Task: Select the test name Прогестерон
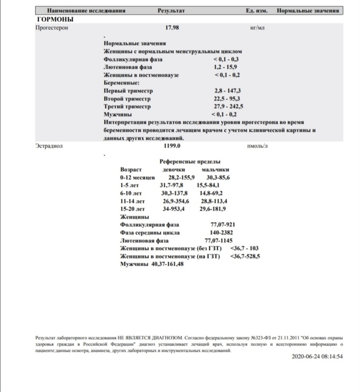click(51, 28)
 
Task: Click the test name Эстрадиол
click(49, 146)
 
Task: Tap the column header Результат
click(171, 10)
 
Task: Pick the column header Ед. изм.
click(257, 10)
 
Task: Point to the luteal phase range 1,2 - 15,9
click(227, 67)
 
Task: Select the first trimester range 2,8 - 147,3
click(227, 91)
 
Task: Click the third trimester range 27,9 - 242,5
click(229, 107)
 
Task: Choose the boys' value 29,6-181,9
click(213, 209)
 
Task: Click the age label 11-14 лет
click(133, 201)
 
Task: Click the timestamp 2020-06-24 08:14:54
click(317, 356)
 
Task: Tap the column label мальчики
click(216, 169)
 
